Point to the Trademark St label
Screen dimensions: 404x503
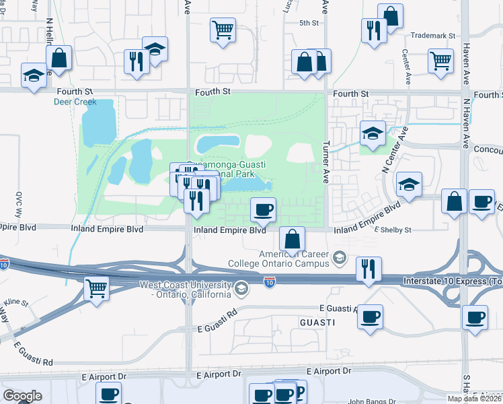pos(432,35)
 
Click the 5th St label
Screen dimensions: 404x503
pos(309,23)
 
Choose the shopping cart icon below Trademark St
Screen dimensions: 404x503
pos(440,61)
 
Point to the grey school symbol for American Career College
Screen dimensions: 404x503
pos(340,257)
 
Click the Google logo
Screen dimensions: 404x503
pos(22,396)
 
